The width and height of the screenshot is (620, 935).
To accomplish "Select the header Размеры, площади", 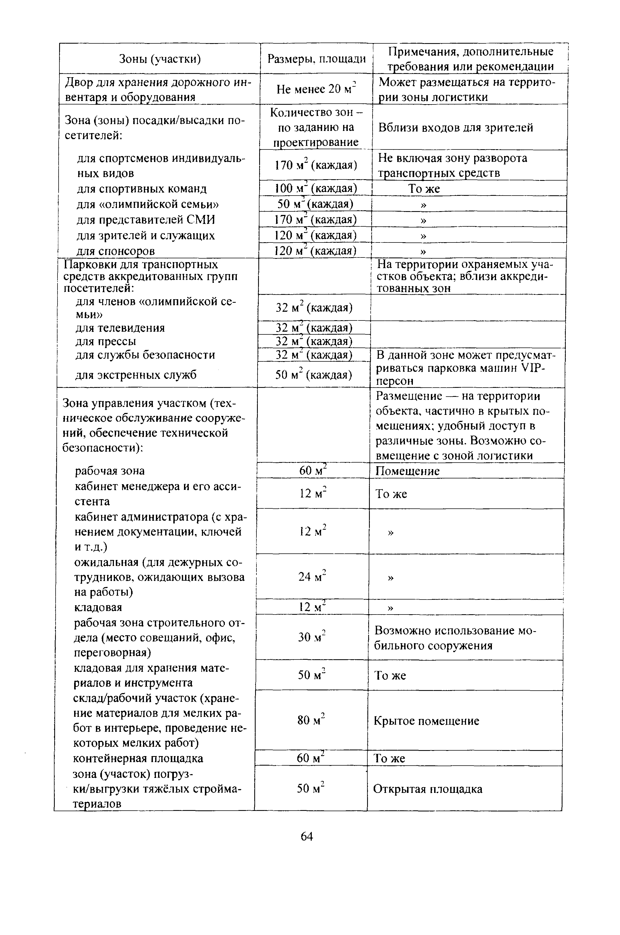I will click(316, 59).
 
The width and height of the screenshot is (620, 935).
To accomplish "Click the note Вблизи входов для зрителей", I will click(455, 127).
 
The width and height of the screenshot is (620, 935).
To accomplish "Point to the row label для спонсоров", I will click(115, 251).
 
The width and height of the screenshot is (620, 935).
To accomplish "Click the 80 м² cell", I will click(311, 721).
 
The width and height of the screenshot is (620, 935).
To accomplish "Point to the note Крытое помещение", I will click(426, 721).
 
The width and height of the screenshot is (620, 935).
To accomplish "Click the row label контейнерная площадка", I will click(138, 759).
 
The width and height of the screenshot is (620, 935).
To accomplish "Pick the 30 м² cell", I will click(311, 637).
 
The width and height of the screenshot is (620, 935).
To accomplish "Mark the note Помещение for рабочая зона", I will click(407, 471).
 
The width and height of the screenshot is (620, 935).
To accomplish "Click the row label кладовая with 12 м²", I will click(98, 607).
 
